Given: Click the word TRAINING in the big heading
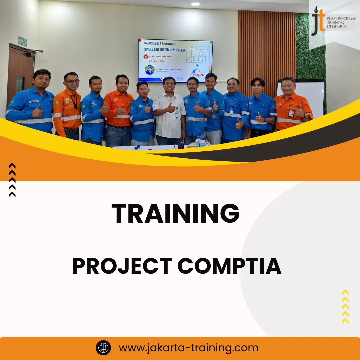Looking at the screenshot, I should click(x=175, y=214).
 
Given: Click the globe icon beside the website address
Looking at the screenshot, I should click(x=103, y=348).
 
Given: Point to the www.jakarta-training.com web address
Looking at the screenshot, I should click(x=188, y=348).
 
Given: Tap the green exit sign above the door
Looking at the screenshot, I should click(x=22, y=41).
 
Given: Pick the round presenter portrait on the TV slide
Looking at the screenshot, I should click(x=150, y=70).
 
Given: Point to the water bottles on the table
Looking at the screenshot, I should click(x=201, y=142).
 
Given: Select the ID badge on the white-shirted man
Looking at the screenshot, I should click(x=176, y=115).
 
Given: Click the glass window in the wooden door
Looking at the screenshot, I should click(x=20, y=85).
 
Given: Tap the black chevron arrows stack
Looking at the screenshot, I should click(x=12, y=180).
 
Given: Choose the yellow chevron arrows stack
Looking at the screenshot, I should click(x=345, y=307).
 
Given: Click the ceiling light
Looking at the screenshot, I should click(x=195, y=4).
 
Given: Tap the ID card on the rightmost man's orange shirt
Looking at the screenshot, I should click(x=291, y=113).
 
